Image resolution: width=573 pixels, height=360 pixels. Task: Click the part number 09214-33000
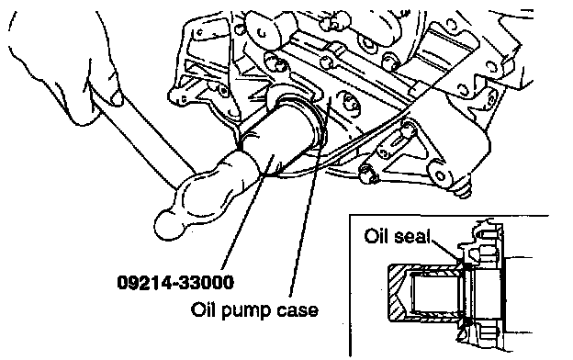(x=175, y=283)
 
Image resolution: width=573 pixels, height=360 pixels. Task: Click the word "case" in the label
(x=298, y=310)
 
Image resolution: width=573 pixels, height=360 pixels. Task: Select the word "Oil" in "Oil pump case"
(x=203, y=309)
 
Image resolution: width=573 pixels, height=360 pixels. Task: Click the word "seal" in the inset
(x=411, y=236)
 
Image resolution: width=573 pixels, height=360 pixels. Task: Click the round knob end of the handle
(x=169, y=225)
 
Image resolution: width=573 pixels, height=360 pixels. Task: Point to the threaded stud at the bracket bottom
(x=464, y=188)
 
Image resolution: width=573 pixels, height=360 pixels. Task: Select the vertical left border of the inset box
(x=350, y=285)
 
